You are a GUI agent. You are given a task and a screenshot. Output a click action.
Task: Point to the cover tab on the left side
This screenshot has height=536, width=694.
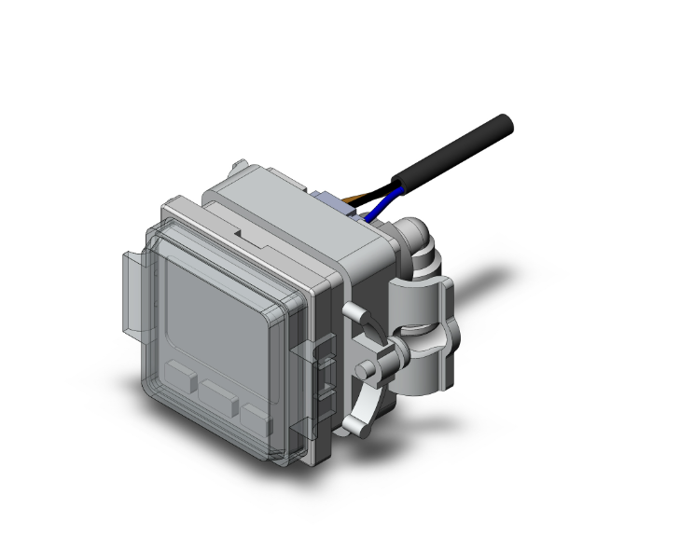[x=130, y=290]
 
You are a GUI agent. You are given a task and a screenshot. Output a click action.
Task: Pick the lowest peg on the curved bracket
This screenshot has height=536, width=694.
[x=352, y=426]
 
